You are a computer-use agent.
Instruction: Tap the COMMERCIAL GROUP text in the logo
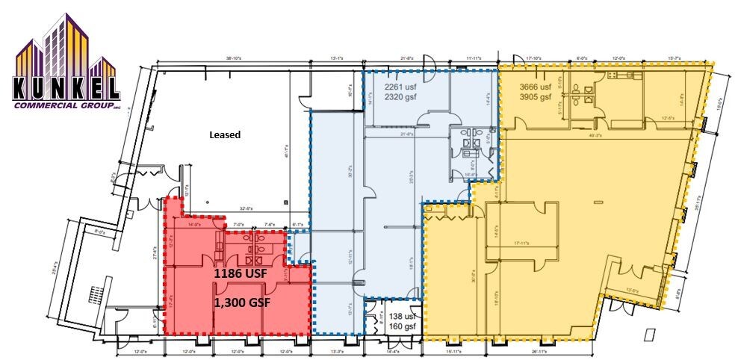[x=65, y=106]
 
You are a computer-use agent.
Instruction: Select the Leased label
[x=224, y=135]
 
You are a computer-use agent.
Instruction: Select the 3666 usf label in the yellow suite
[x=535, y=87]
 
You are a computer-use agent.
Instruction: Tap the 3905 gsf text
[x=535, y=96]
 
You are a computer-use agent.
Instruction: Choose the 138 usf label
[x=403, y=316]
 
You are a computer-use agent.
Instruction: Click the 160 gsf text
[x=403, y=326]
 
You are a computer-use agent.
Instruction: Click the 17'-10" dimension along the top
[x=533, y=57]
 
